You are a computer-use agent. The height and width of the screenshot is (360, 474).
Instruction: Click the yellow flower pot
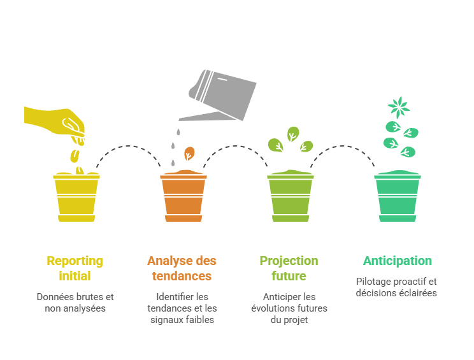pyautogui.click(x=76, y=198)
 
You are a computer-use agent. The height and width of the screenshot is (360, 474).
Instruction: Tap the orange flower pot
pyautogui.click(x=183, y=198)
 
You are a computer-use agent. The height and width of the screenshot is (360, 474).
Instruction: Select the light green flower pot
pyautogui.click(x=291, y=198)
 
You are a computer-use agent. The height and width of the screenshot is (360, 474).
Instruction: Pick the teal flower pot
pyautogui.click(x=398, y=198)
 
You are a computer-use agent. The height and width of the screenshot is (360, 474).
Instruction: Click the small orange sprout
pyautogui.click(x=189, y=155)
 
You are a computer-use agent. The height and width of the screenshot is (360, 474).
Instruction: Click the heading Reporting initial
pyautogui.click(x=75, y=268)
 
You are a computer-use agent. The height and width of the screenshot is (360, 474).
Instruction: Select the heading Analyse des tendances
pyautogui.click(x=182, y=268)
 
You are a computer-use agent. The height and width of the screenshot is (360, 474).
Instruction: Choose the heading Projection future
pyautogui.click(x=289, y=268)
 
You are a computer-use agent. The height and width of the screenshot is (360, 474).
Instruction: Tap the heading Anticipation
pyautogui.click(x=398, y=261)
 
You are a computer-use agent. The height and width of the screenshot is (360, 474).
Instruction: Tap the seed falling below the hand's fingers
pyautogui.click(x=75, y=155)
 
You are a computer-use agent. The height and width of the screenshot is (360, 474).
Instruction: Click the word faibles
pyautogui.click(x=200, y=320)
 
